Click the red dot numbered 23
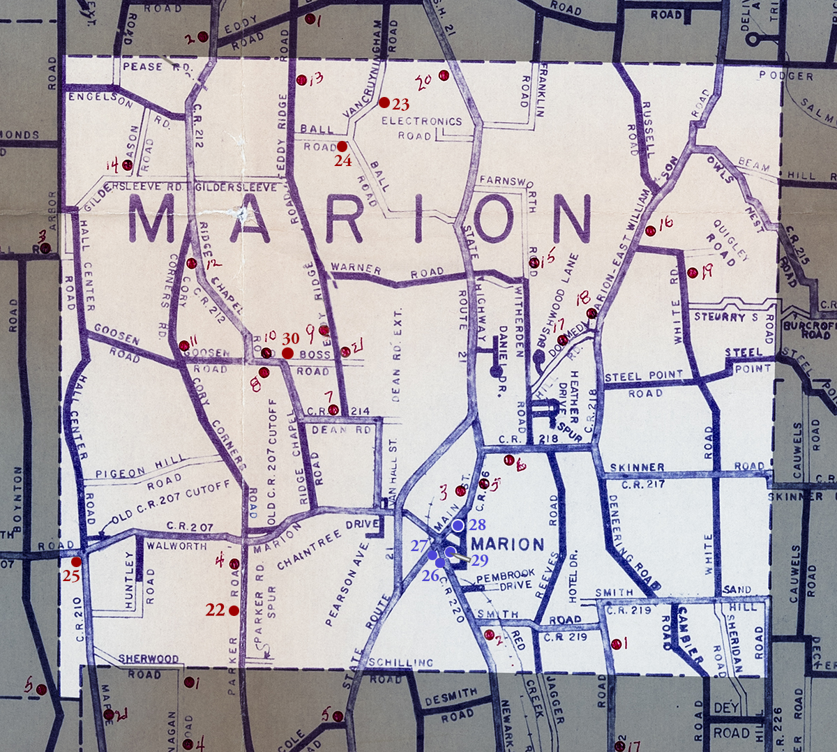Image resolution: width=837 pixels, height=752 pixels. click(384, 103)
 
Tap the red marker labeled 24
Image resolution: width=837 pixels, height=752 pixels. click(342, 146)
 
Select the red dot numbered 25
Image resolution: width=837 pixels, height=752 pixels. click(76, 561)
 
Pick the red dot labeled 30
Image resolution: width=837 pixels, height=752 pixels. click(287, 353)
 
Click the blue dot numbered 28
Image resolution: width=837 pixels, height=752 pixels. click(458, 525)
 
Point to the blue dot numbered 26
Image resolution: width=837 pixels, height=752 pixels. click(439, 562)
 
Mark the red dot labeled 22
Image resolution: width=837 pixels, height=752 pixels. click(234, 610)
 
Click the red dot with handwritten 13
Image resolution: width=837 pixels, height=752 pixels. click(301, 80)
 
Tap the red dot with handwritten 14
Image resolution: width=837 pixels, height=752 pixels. click(127, 165)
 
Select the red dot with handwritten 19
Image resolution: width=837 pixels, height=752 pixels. click(692, 273)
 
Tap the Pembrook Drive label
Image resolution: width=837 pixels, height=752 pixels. click(505, 578)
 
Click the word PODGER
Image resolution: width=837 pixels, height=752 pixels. click(786, 75)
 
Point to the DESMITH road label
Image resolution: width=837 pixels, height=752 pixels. click(451, 697)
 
